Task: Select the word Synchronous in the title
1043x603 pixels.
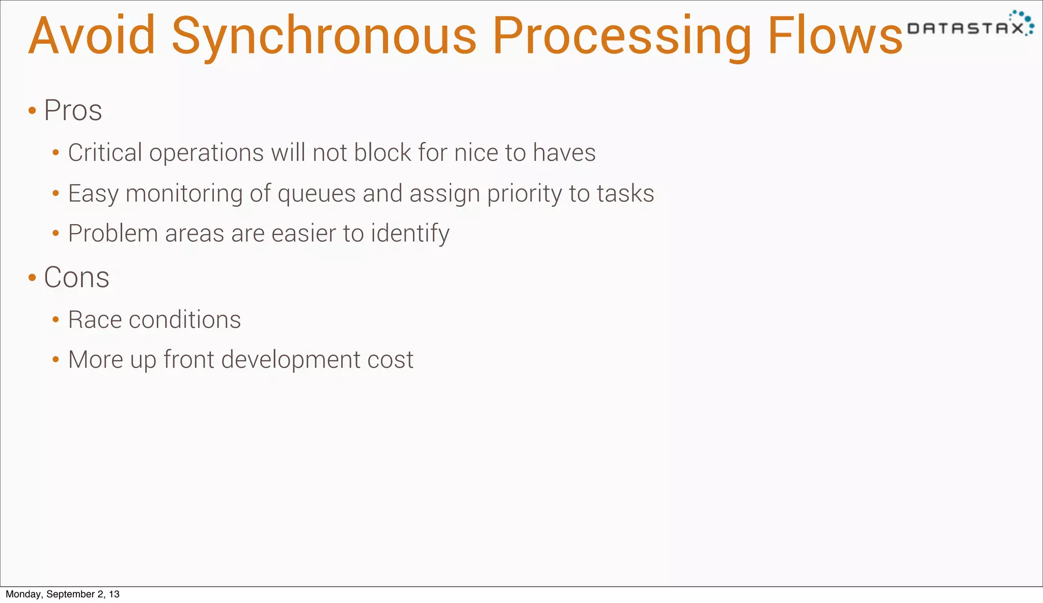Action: pyautogui.click(x=324, y=37)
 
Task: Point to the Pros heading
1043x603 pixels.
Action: pyautogui.click(x=73, y=110)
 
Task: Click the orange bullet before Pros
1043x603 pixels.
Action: pyautogui.click(x=32, y=110)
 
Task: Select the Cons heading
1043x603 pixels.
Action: pyautogui.click(x=76, y=277)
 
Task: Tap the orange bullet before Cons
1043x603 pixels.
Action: pyautogui.click(x=32, y=278)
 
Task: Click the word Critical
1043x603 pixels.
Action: pyautogui.click(x=105, y=152)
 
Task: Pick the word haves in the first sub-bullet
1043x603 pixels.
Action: pyautogui.click(x=564, y=152)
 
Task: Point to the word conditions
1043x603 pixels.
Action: pyautogui.click(x=185, y=320)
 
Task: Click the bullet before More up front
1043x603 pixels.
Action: pyautogui.click(x=56, y=360)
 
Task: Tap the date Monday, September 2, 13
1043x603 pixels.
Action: pyautogui.click(x=63, y=594)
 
